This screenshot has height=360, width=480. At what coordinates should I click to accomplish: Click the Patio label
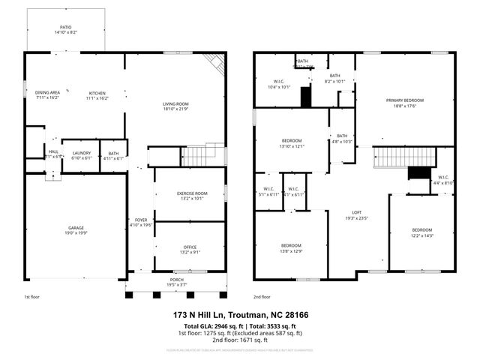(x=66, y=26)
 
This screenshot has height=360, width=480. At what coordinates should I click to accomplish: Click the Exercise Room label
(x=190, y=193)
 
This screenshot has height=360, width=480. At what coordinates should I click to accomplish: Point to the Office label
(x=190, y=247)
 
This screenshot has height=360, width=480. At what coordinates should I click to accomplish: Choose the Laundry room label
(x=81, y=152)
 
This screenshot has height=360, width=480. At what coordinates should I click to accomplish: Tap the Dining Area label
(x=47, y=92)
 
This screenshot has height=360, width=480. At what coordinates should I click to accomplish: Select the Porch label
(x=176, y=280)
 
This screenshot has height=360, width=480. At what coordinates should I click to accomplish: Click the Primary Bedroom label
(x=405, y=100)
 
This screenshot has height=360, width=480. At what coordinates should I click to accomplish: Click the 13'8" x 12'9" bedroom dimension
(x=291, y=252)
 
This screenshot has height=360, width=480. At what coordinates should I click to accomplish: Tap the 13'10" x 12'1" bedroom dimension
(x=292, y=146)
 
